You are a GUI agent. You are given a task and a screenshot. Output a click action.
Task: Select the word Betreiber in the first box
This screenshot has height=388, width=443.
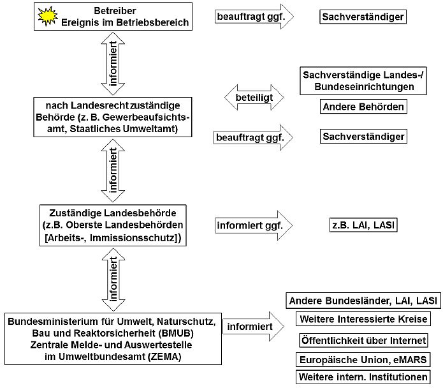point(114,11)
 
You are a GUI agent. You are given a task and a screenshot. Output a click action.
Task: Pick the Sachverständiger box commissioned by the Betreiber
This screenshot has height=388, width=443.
point(363,17)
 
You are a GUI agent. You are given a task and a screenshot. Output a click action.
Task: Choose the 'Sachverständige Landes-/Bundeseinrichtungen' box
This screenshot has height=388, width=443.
point(363,80)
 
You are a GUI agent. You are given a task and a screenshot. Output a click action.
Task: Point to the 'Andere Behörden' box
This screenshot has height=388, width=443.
point(363,107)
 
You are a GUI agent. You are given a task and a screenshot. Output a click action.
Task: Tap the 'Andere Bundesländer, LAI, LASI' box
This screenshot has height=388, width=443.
point(363,301)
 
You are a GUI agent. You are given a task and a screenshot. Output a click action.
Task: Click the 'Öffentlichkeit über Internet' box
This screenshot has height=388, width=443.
point(363,340)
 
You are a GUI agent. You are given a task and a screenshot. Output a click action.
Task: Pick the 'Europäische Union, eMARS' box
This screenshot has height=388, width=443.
point(363,359)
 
